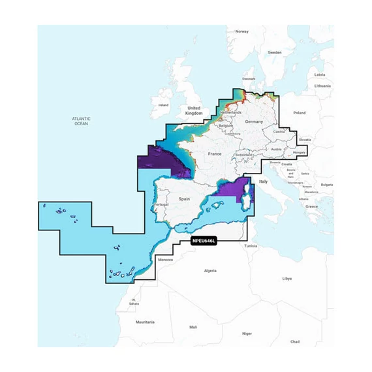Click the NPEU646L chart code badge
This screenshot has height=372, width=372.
pyautogui.click(x=204, y=241)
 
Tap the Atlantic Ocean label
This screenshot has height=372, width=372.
pyautogui.click(x=81, y=121)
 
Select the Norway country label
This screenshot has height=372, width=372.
pyautogui.click(x=241, y=31)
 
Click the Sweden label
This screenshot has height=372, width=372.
pyautogui.click(x=275, y=52)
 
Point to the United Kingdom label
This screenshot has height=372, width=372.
pyautogui.click(x=194, y=110)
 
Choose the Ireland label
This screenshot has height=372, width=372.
pyautogui.click(x=163, y=104)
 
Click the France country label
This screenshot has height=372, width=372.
pyautogui.click(x=215, y=153)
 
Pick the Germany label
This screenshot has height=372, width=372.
pyautogui.click(x=253, y=122)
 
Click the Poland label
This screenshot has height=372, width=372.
pyautogui.click(x=299, y=113)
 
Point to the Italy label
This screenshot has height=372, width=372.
pyautogui.click(x=264, y=181)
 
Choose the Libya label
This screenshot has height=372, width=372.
pyautogui.click(x=287, y=278)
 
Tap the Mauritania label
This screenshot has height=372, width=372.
pyautogui.click(x=145, y=322)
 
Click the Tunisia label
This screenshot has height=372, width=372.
pyautogui.click(x=251, y=246)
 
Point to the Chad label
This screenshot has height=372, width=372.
pyautogui.click(x=295, y=341)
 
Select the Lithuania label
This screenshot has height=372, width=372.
pyautogui.click(x=322, y=85)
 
